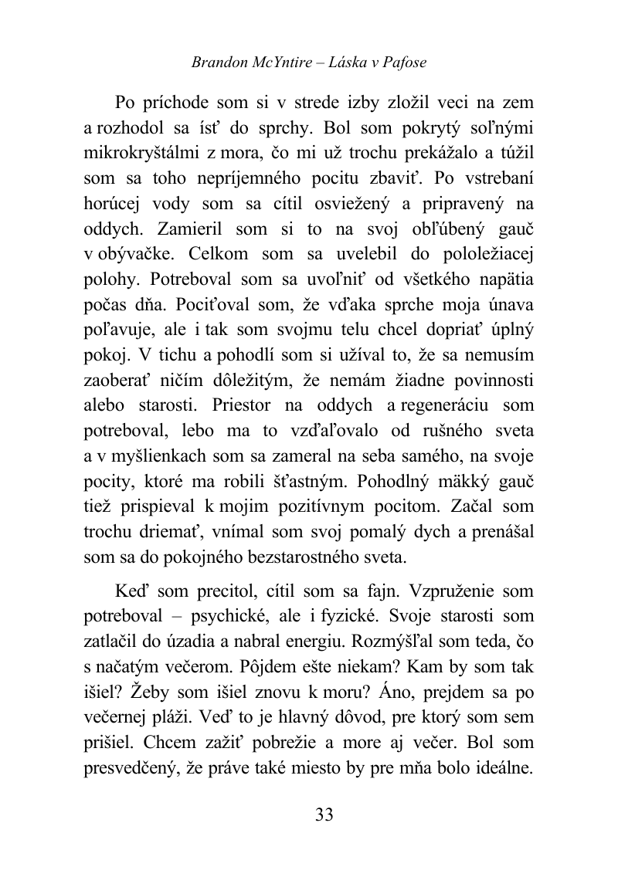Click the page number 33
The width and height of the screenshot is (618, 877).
click(324, 815)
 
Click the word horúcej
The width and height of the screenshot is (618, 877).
click(111, 207)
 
